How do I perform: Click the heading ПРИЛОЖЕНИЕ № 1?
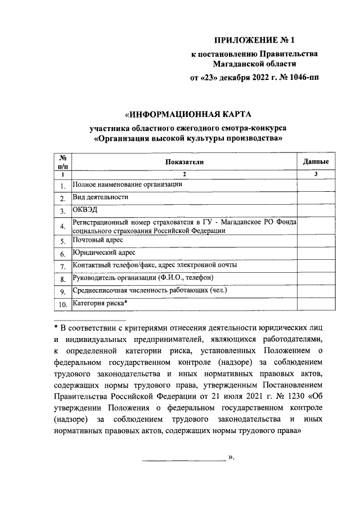259,40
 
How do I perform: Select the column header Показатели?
184,161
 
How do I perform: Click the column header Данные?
316,161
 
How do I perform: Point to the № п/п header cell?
62,161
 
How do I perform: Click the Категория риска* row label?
100,304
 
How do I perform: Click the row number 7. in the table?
63,266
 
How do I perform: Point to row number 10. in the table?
62,305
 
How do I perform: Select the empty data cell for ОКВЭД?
316,211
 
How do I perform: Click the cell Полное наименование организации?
128,184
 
